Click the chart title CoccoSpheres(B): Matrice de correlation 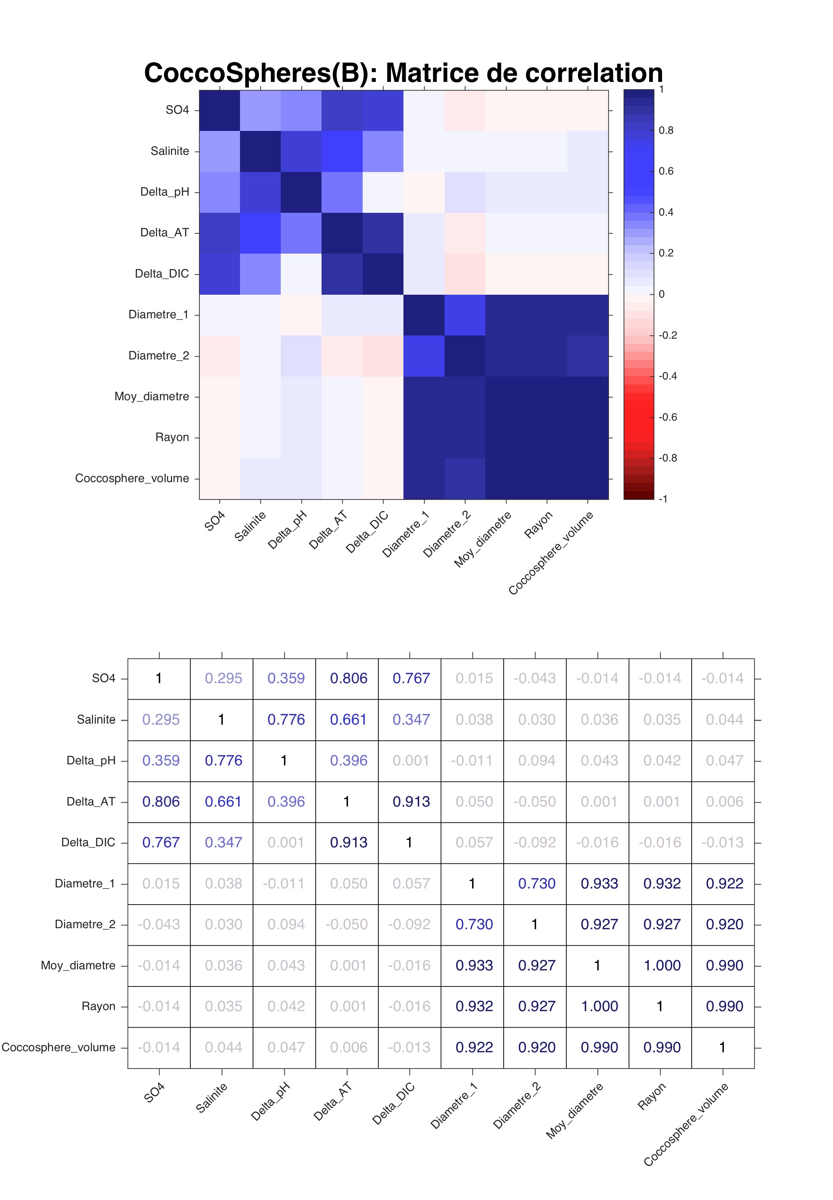(403, 73)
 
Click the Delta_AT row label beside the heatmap (165, 233)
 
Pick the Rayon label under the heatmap (538, 525)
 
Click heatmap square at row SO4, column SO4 (220, 110)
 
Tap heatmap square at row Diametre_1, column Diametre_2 (465, 315)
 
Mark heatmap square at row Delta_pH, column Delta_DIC (383, 192)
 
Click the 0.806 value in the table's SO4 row (349, 678)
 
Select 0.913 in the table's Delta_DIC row (349, 842)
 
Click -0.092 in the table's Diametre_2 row (409, 924)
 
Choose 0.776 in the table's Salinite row (286, 719)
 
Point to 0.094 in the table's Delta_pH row (536, 760)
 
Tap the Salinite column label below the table (211, 1097)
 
